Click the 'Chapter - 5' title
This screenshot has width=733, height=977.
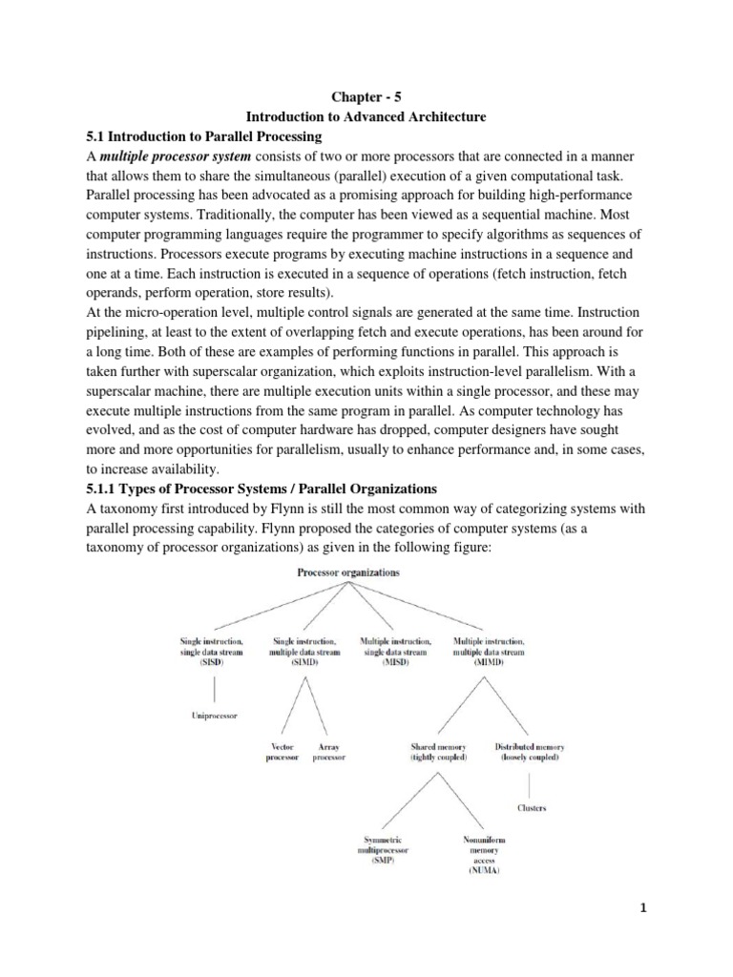[366, 96]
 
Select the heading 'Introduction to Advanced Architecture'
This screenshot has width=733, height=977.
[366, 116]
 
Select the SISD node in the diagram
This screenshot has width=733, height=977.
[211, 651]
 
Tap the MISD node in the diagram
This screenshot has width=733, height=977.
[394, 651]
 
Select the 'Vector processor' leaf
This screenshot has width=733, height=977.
[283, 751]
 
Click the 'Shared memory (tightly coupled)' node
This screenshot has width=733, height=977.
[438, 751]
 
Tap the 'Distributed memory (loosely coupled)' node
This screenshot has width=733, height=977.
[531, 751]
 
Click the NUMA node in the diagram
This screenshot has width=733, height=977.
[484, 855]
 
